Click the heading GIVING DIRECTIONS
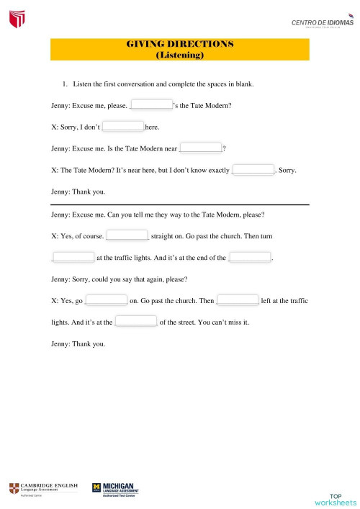180,44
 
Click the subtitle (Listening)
180,55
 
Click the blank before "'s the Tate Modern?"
151,105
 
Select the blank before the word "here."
124,127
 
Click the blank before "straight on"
127,235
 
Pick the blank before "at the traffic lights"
73,256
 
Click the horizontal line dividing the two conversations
180,205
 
